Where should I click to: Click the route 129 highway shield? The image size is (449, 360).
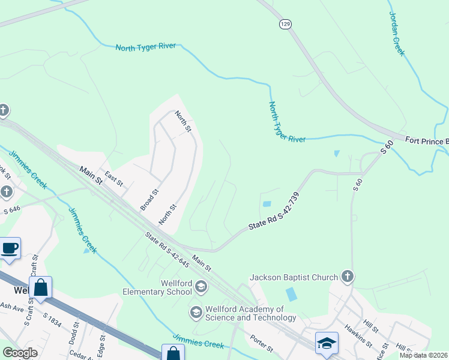285,23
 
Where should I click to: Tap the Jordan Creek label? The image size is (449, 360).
397,34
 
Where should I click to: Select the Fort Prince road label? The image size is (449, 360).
427,141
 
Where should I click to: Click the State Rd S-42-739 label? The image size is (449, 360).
274,212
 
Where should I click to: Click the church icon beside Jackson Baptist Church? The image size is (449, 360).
346,277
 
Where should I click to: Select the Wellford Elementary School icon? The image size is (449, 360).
200,287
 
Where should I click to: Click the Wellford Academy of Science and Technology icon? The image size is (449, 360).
196,312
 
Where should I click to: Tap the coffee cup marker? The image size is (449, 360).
10,247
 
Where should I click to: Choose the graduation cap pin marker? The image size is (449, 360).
326,343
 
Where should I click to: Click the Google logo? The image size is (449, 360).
20,352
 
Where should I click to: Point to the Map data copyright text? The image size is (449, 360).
424,355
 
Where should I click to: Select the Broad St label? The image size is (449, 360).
149,200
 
